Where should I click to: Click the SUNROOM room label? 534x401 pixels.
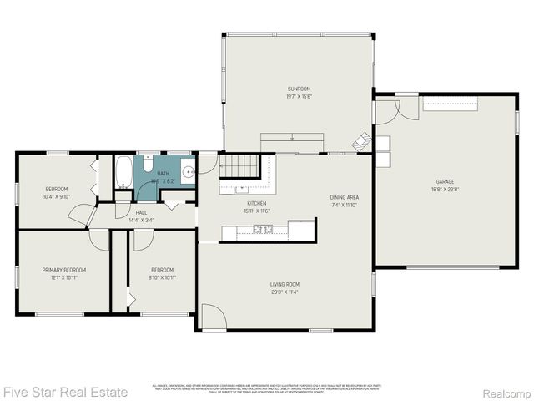click(300, 89)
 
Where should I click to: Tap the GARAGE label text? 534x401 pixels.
click(445, 181)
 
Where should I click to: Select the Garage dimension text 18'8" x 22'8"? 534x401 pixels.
click(445, 190)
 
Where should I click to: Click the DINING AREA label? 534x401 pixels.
click(344, 196)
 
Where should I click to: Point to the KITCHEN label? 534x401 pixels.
click(256, 203)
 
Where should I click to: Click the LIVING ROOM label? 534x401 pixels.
click(285, 284)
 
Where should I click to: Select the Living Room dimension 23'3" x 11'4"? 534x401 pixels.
click(285, 292)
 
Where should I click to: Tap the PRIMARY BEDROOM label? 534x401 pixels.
click(64, 270)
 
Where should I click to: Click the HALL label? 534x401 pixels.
click(141, 212)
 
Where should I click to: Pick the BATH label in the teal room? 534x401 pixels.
click(163, 174)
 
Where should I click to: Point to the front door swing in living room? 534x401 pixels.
click(212, 316)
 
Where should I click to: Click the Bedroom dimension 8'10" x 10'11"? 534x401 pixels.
click(162, 277)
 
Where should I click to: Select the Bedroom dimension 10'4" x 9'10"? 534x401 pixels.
click(57, 197)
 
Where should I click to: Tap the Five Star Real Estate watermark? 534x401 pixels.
click(65, 391)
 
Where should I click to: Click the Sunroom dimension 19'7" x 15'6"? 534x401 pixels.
click(300, 97)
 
